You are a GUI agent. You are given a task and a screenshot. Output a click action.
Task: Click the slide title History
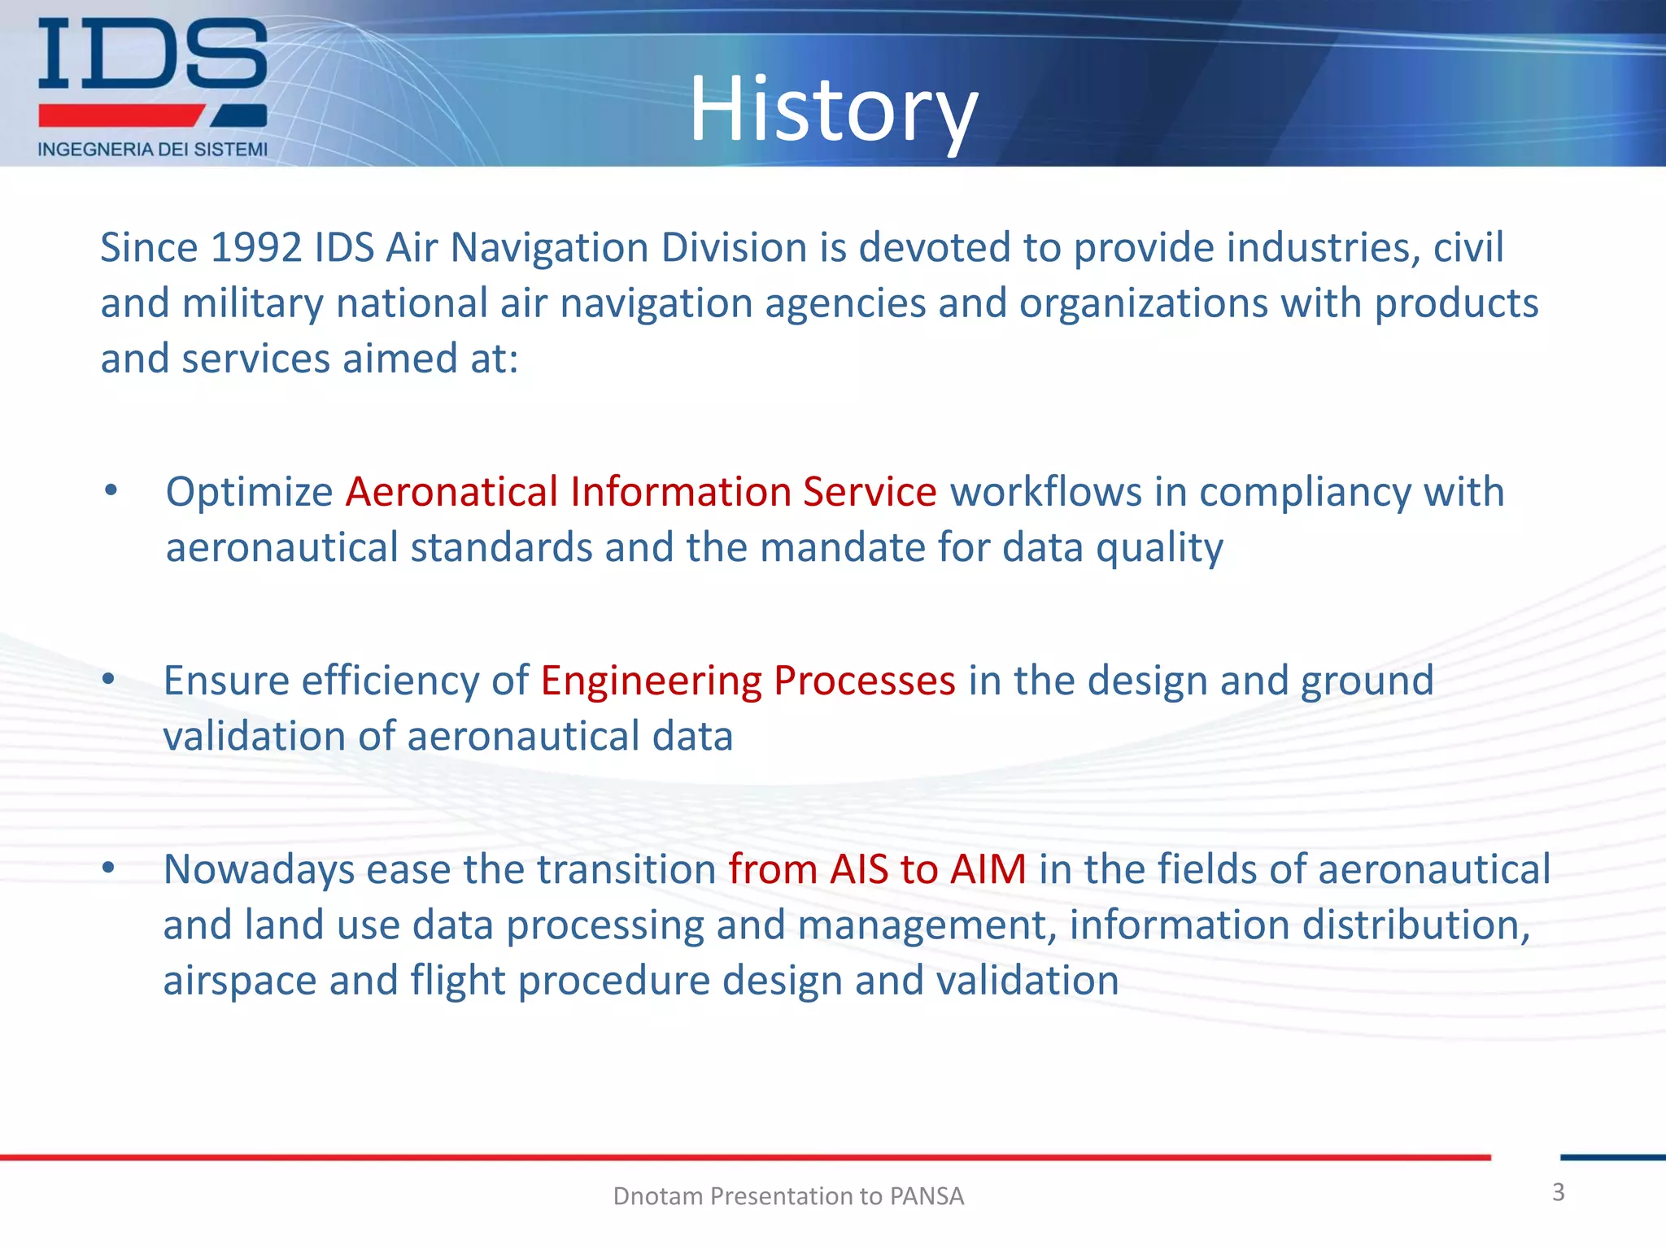tap(833, 109)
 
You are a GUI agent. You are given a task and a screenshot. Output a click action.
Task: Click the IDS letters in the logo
tap(152, 55)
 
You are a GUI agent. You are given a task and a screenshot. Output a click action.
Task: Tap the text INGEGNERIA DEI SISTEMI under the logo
tap(152, 150)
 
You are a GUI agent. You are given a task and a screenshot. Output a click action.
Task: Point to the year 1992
tap(256, 247)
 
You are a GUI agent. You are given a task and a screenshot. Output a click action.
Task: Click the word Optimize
tap(249, 492)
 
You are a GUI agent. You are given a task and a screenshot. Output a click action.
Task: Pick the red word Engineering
tap(651, 681)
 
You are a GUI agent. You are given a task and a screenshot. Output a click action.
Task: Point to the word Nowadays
tap(259, 869)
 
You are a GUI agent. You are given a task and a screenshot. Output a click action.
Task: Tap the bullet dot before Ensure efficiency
tap(109, 679)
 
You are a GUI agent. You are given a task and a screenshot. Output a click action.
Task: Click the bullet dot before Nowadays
tap(109, 868)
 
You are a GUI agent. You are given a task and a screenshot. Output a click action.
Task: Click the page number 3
tap(1558, 1192)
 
